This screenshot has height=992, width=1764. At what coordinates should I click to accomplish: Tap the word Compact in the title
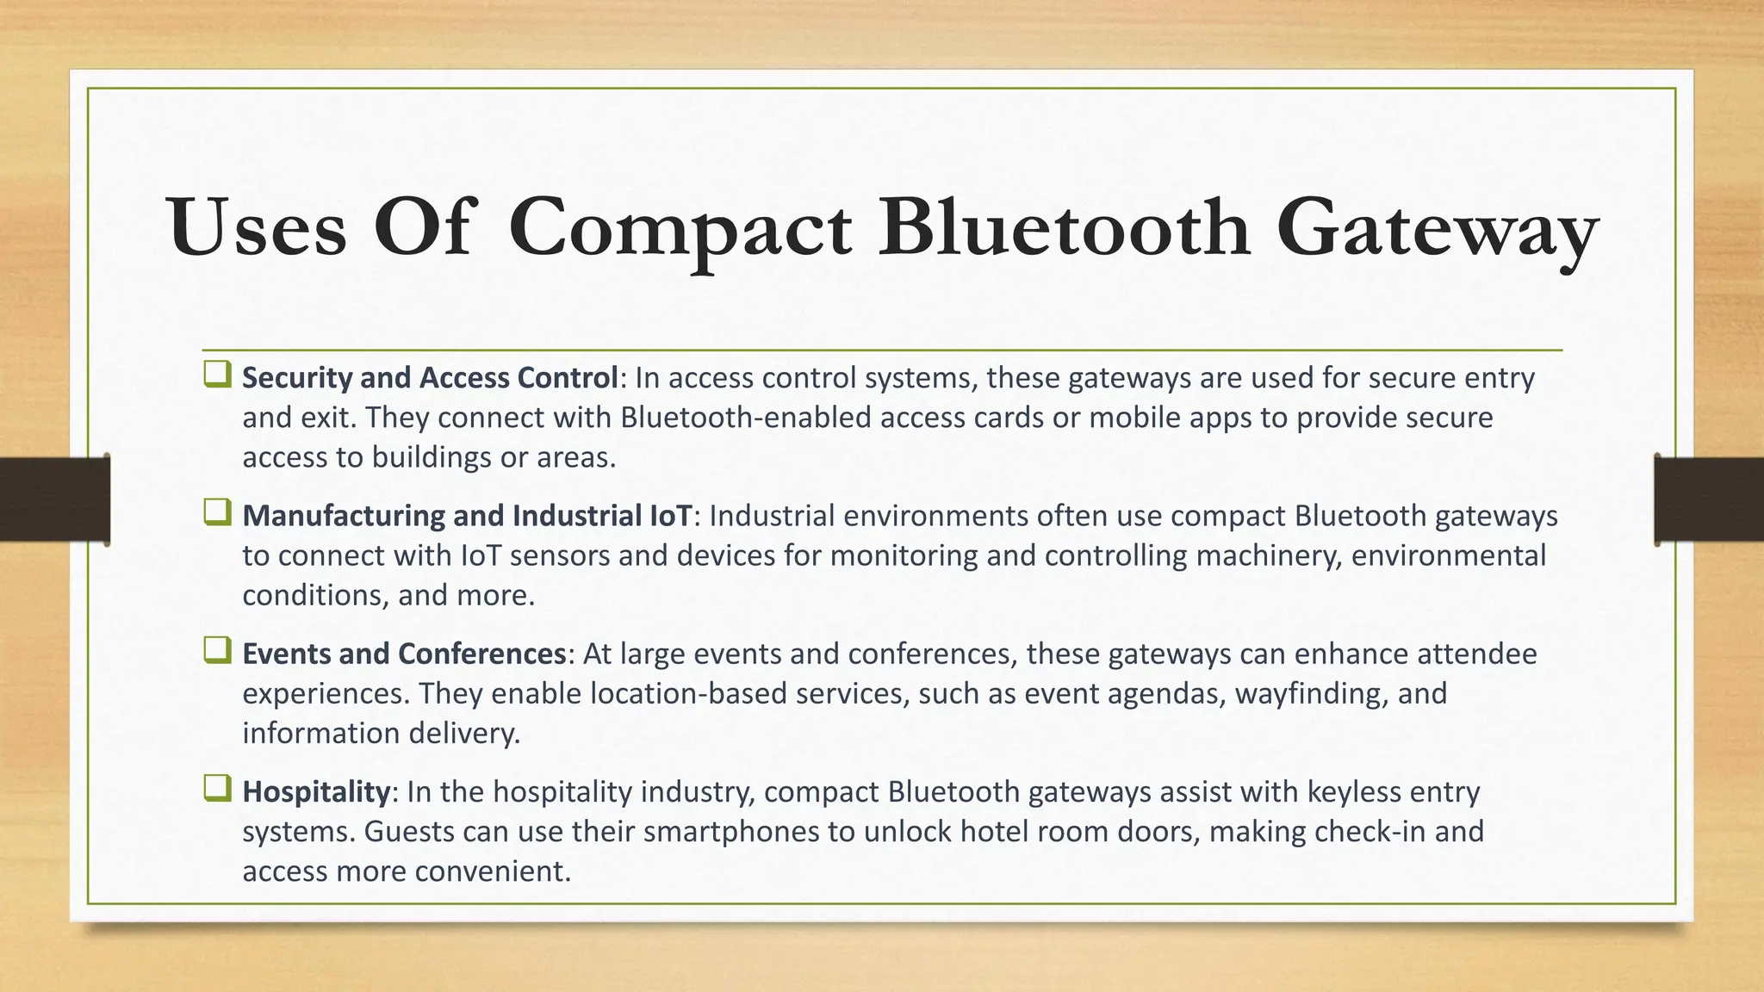(x=680, y=229)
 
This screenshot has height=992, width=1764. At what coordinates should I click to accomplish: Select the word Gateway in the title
(x=1436, y=229)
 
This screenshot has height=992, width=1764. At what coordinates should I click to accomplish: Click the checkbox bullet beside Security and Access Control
(x=217, y=375)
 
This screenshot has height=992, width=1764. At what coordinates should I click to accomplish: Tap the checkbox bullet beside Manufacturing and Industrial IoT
(x=217, y=513)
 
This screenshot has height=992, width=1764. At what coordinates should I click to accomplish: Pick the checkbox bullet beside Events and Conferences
(x=217, y=651)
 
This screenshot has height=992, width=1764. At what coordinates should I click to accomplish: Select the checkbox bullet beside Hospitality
(x=217, y=789)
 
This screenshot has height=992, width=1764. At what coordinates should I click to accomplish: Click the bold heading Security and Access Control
(x=430, y=377)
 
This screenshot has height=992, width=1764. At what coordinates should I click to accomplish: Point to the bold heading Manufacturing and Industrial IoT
(x=467, y=516)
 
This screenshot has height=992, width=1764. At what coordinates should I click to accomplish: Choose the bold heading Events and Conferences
(x=403, y=654)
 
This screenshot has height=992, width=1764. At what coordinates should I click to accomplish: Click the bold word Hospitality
(x=316, y=791)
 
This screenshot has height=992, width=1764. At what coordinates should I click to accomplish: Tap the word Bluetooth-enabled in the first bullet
(x=744, y=418)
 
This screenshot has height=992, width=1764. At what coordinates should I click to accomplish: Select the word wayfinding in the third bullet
(x=1311, y=694)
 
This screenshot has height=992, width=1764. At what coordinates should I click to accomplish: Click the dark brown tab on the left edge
(x=54, y=499)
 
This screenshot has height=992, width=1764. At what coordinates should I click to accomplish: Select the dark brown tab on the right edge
(x=1709, y=499)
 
